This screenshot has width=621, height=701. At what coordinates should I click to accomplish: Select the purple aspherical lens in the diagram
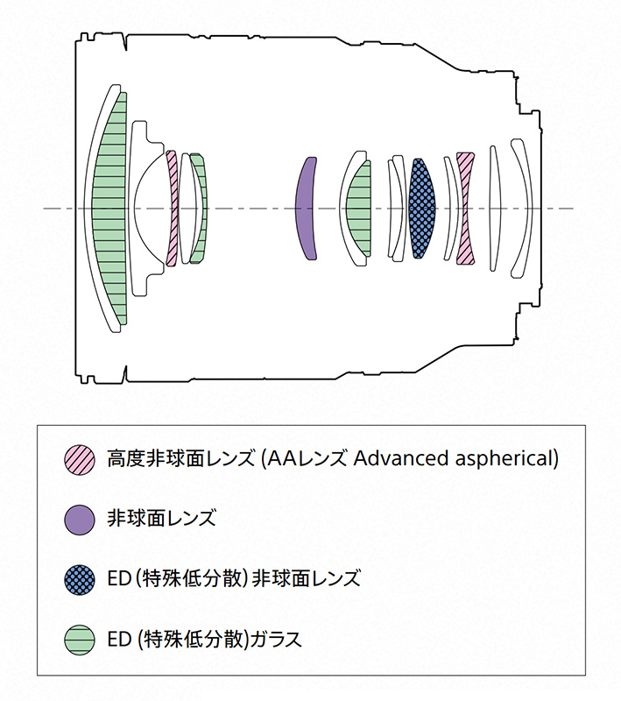click(x=305, y=208)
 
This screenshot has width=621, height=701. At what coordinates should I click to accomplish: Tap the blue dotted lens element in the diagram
click(x=421, y=208)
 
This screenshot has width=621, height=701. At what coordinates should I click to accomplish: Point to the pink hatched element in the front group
click(x=173, y=208)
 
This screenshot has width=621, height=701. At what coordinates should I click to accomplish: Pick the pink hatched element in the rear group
click(x=466, y=208)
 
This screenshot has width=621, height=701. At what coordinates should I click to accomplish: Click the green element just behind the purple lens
click(x=359, y=208)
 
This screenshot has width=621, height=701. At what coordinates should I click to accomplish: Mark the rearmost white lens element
click(x=523, y=208)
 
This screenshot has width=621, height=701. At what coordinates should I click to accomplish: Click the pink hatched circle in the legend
click(x=80, y=458)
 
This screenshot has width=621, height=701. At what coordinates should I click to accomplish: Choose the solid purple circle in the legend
click(x=80, y=519)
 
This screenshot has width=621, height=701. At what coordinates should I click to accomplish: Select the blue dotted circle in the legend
click(x=80, y=578)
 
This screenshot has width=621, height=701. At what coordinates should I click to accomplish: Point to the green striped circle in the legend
click(x=80, y=639)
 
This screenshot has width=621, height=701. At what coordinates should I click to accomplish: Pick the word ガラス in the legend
click(x=276, y=639)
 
